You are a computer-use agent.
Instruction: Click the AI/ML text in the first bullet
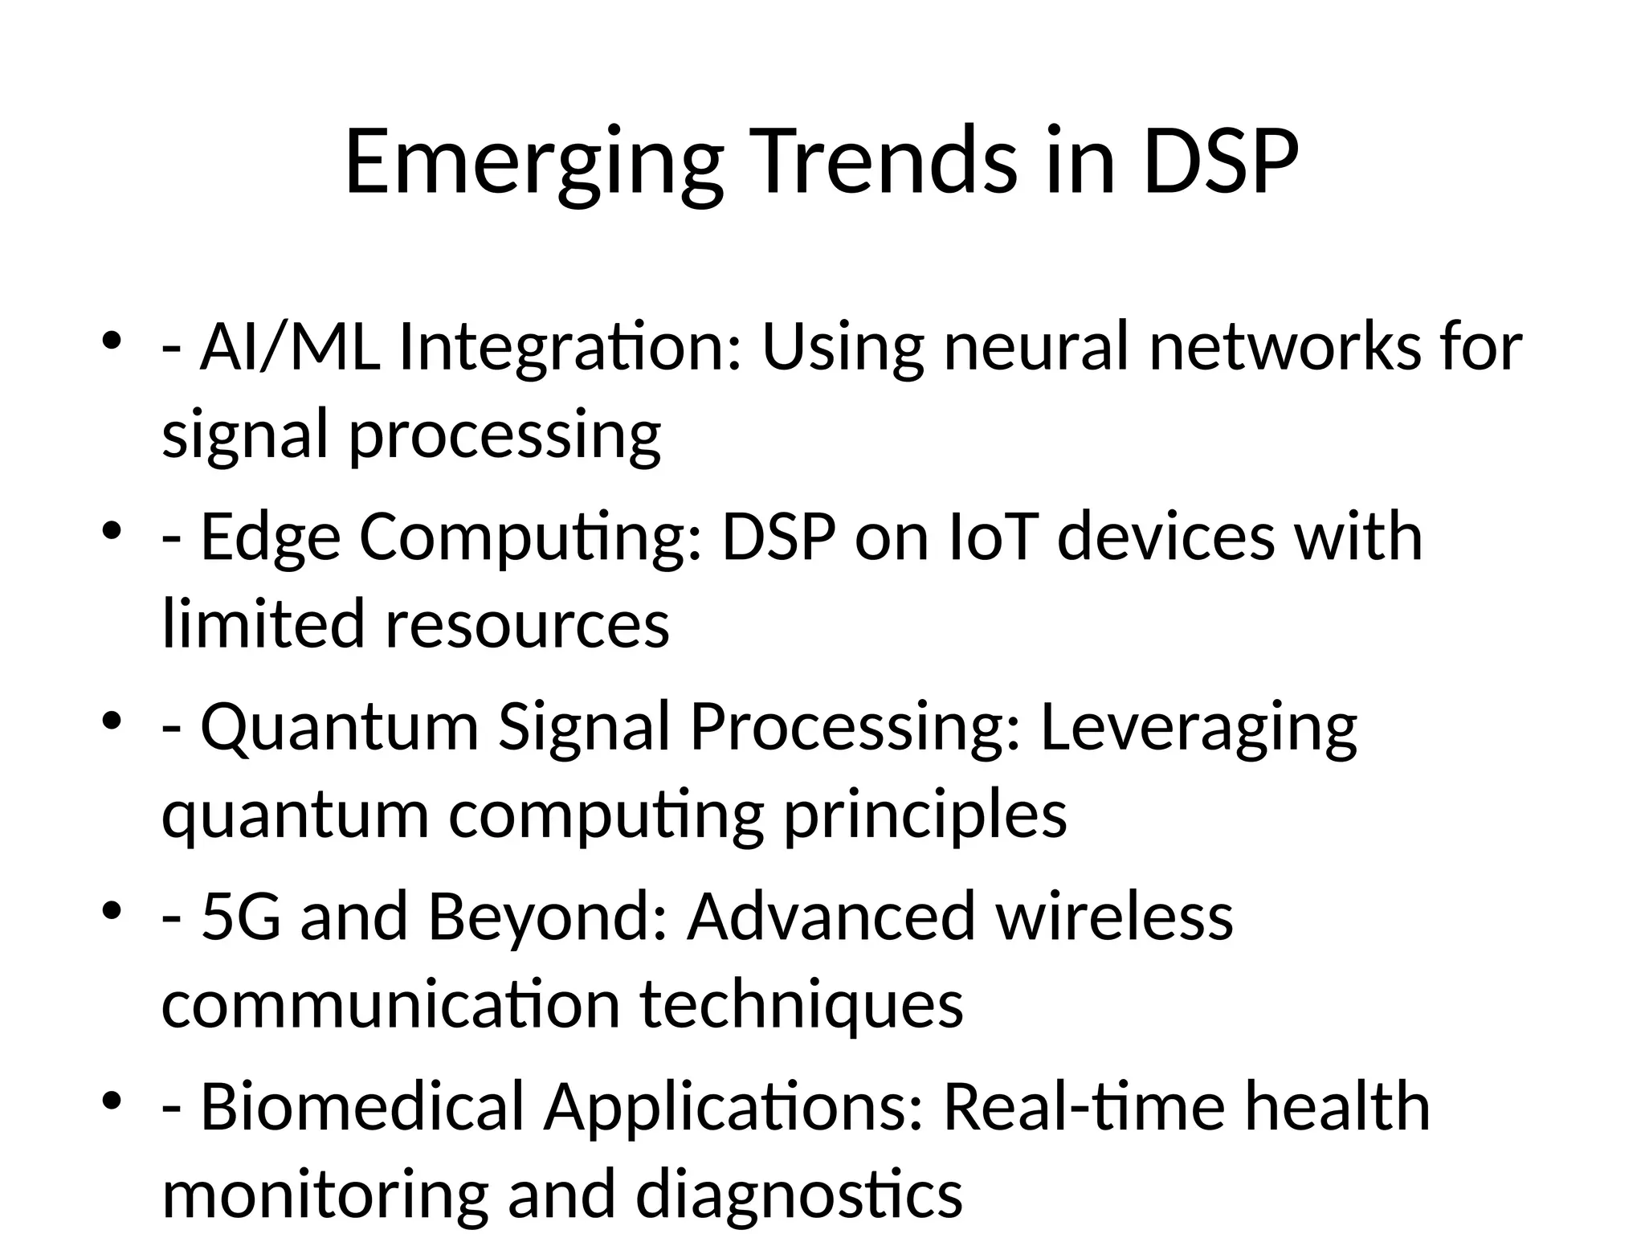[x=289, y=347]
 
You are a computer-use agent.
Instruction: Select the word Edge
[x=270, y=537]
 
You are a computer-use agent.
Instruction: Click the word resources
[x=527, y=624]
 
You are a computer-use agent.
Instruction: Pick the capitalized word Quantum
[x=339, y=726]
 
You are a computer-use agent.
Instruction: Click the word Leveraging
[x=1198, y=726]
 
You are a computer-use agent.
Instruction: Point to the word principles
[x=925, y=815]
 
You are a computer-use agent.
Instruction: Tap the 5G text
[x=240, y=916]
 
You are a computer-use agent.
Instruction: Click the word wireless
[x=1114, y=916]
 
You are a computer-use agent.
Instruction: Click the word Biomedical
[x=361, y=1106]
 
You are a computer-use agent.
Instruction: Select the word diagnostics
[x=798, y=1195]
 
